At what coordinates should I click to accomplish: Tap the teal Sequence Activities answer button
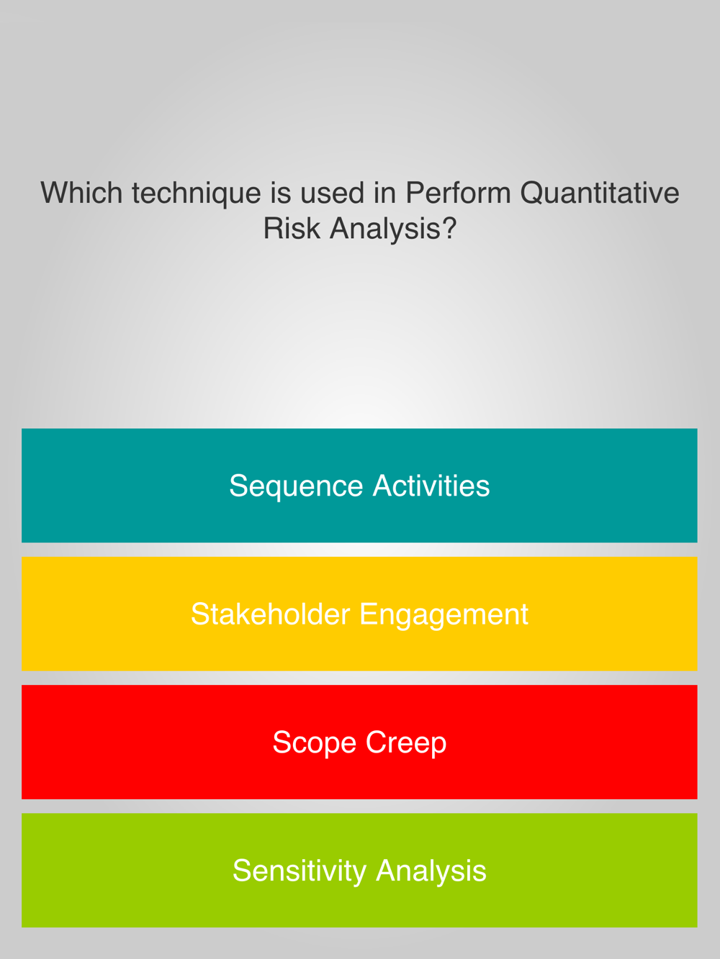(359, 486)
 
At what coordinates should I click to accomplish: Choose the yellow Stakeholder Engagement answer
(359, 614)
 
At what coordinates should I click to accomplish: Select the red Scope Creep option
(359, 742)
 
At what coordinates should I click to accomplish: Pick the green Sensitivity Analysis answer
(359, 870)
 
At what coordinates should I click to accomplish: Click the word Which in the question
(81, 193)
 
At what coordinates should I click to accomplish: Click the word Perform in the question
(458, 193)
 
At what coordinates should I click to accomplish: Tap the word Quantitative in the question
(599, 193)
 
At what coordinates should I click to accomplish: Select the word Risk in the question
(292, 228)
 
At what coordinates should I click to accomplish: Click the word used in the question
(332, 193)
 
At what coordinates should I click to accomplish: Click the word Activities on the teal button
(431, 486)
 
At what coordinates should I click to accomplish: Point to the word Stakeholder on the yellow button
(271, 614)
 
